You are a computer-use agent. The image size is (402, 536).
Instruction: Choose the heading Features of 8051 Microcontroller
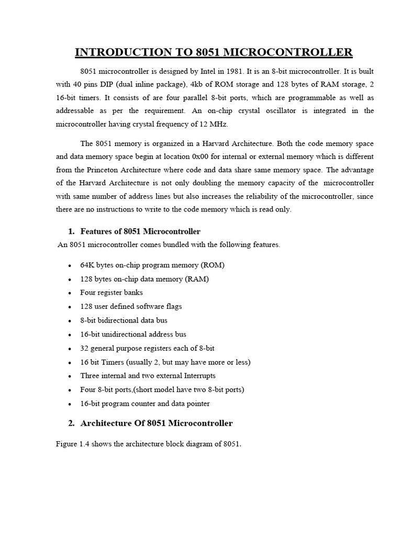click(140, 231)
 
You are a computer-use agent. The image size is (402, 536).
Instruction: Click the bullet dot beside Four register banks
click(70, 294)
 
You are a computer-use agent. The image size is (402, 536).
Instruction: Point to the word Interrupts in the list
click(197, 376)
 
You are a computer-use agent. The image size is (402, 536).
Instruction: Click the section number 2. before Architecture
click(72, 423)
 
